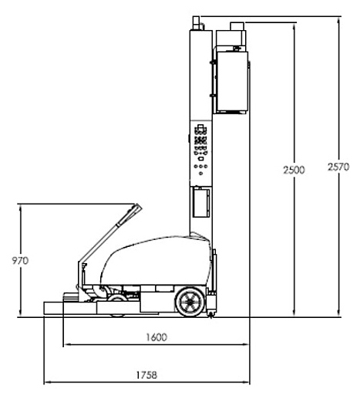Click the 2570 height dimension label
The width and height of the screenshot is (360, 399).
(x=338, y=167)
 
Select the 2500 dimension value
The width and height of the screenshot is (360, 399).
(x=294, y=170)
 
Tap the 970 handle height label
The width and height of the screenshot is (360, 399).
(x=20, y=261)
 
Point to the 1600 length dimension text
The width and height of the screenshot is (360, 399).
(x=156, y=337)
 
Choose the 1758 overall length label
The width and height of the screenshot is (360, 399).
(x=146, y=375)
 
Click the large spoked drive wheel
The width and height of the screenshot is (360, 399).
(x=190, y=302)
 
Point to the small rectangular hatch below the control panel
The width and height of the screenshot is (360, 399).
(x=201, y=202)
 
